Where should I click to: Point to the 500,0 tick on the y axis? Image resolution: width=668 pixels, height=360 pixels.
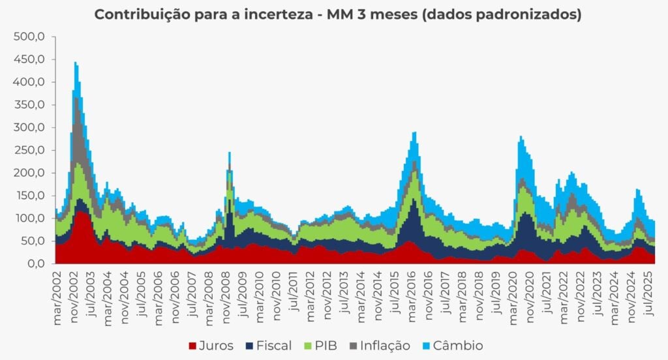point(29,37)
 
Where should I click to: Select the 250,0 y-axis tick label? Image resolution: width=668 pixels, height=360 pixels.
point(29,151)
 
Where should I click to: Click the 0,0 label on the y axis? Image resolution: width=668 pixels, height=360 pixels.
point(35,264)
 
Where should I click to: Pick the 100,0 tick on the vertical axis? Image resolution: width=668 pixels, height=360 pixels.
point(29,218)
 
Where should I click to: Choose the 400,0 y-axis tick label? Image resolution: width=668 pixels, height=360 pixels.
point(29,83)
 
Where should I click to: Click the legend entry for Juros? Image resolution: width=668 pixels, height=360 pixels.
point(215,346)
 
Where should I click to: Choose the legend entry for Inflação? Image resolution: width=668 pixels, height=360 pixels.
point(386,346)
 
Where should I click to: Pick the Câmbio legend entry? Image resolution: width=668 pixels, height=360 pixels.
point(459,346)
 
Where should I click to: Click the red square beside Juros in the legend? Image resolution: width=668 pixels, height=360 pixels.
point(192,346)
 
